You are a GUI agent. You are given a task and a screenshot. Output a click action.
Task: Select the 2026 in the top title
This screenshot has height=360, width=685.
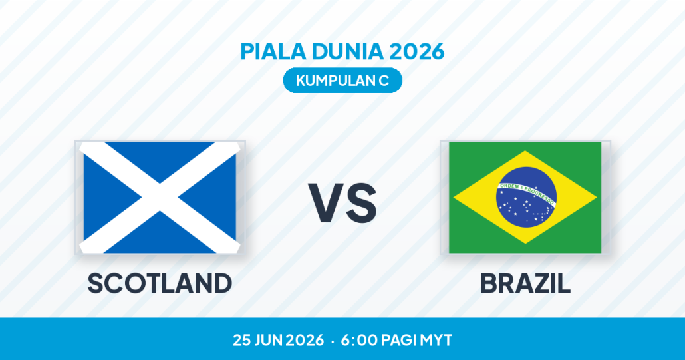[x=417, y=51]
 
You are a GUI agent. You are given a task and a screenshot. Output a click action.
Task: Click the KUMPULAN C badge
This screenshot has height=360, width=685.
[x=342, y=81]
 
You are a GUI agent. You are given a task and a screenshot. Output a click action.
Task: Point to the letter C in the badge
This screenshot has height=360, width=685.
[x=384, y=81]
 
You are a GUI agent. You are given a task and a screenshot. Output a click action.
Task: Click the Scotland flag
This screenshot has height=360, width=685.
[x=160, y=197]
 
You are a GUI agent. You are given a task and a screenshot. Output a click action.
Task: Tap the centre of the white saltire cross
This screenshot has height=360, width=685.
[x=160, y=197]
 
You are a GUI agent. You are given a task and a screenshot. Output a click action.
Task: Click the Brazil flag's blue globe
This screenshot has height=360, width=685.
[x=527, y=197]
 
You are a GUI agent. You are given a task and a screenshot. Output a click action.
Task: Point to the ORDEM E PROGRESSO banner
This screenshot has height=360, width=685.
[x=527, y=194]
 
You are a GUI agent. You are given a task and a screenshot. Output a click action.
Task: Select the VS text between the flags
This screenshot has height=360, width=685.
[x=342, y=203]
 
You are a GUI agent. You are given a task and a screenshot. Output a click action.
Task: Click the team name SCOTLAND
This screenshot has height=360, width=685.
[x=160, y=283]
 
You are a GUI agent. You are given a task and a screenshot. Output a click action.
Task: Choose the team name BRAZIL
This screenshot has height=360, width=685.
[x=525, y=283]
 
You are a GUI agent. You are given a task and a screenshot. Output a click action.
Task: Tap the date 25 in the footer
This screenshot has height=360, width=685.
[x=241, y=340]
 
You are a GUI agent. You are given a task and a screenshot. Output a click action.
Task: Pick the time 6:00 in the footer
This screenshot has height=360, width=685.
[x=359, y=340]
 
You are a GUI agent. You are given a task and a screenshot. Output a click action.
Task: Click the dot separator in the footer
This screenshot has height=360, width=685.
[x=333, y=341]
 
